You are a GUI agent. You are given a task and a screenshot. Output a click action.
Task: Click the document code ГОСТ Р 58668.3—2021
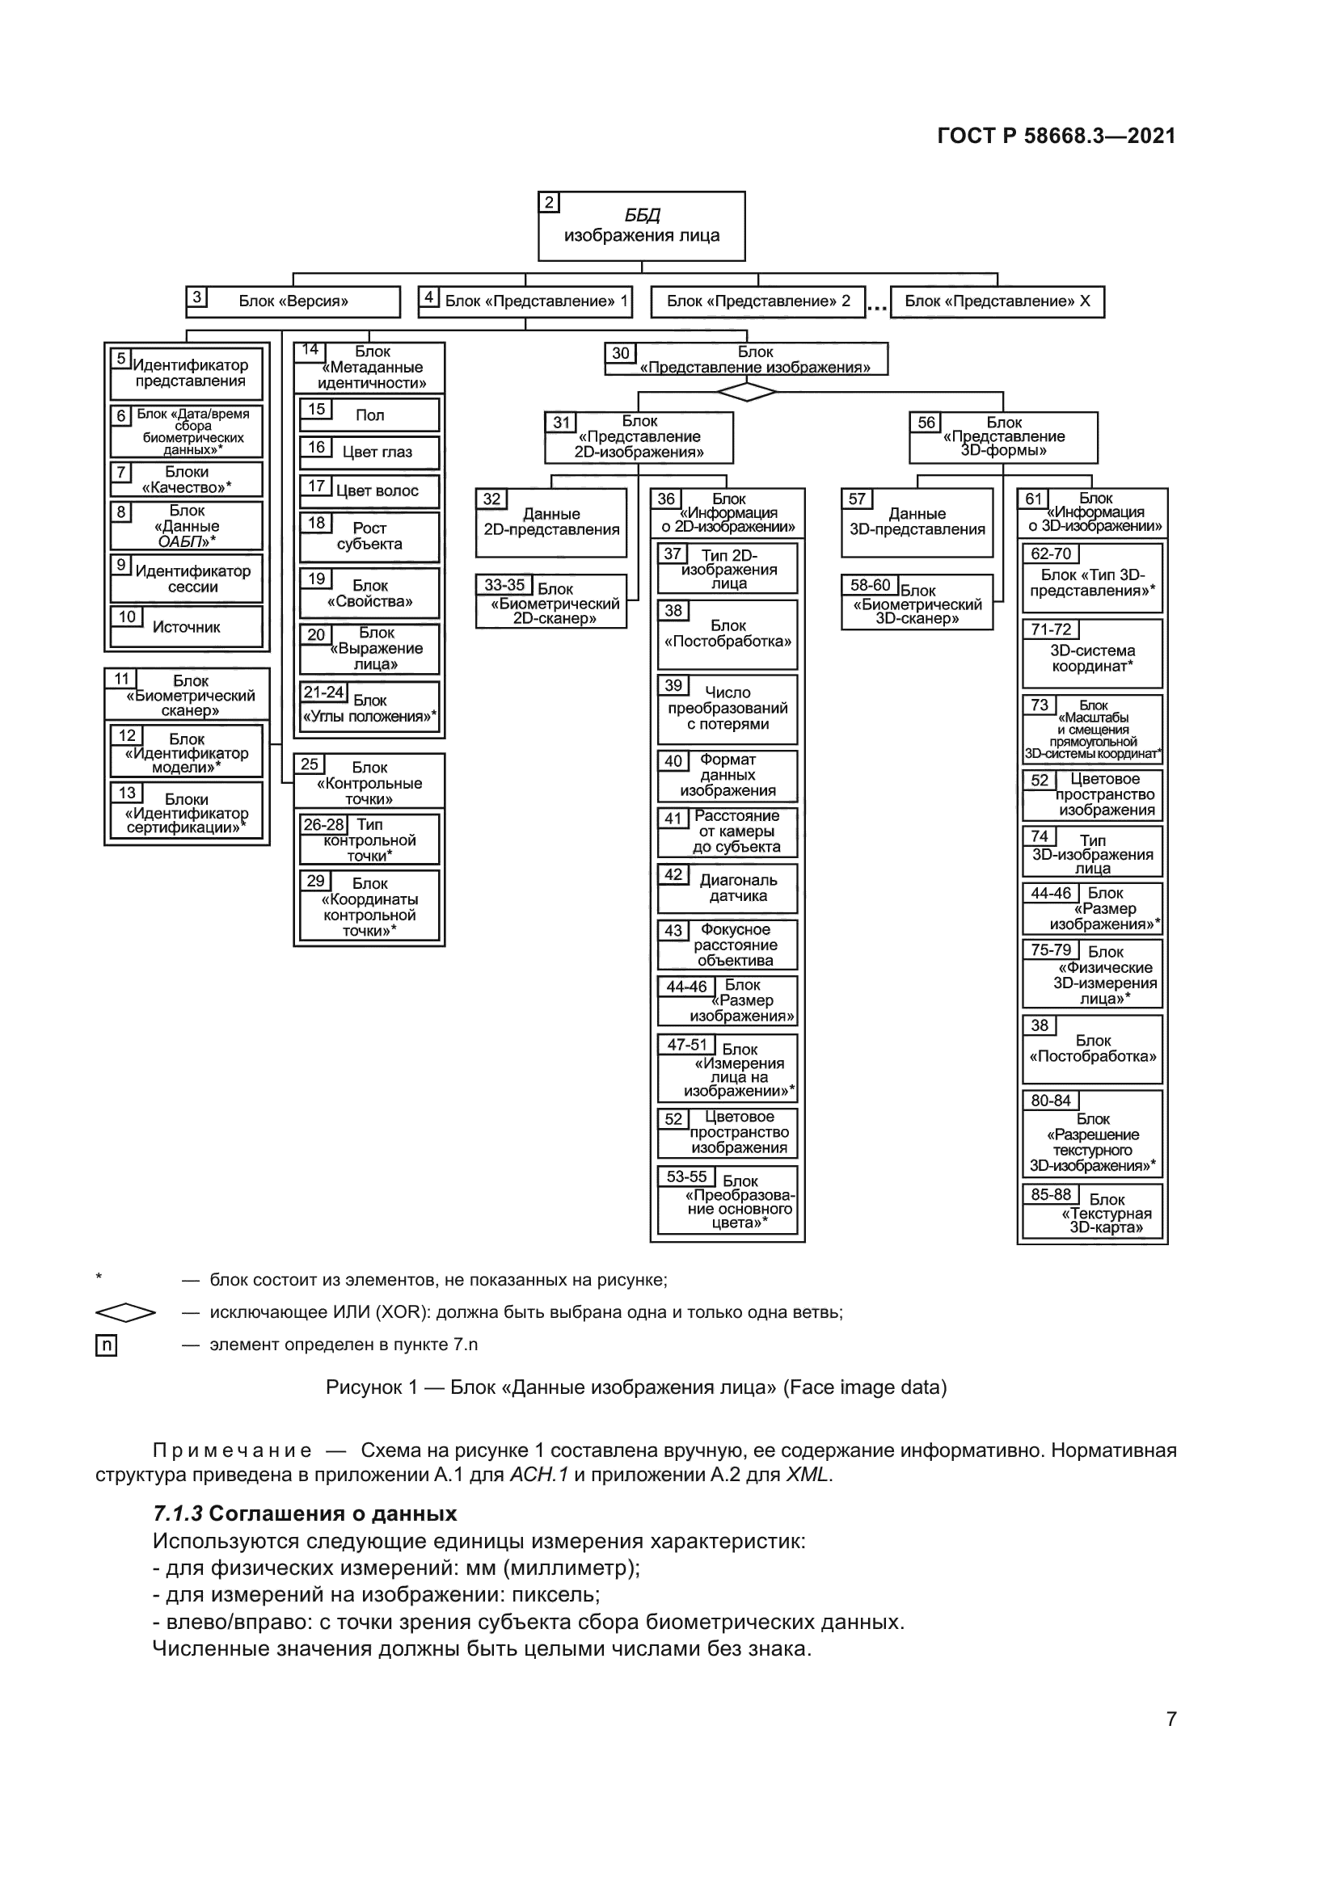tap(1057, 136)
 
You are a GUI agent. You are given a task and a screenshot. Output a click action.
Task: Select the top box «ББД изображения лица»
tap(641, 226)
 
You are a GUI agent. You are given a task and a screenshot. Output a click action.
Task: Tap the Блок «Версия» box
tap(293, 301)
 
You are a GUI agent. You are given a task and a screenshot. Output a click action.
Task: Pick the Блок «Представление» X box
tap(997, 301)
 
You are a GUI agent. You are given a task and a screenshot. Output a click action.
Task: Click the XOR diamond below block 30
tap(747, 392)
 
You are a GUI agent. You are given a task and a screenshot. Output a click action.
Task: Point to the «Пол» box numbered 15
tap(369, 415)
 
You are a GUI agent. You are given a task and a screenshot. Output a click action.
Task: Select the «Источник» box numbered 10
tap(186, 627)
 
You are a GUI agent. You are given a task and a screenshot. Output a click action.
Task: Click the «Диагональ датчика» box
tap(728, 888)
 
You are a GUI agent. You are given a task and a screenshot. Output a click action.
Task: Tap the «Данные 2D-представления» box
tap(551, 523)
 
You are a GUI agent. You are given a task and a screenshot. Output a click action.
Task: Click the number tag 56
tap(926, 423)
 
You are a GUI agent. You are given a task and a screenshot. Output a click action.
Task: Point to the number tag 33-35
tap(504, 585)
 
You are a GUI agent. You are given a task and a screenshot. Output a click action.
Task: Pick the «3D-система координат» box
tap(1093, 654)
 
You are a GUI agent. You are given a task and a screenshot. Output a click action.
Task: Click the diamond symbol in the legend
tap(125, 1312)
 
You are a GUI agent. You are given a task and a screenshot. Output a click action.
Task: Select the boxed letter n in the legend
tap(106, 1345)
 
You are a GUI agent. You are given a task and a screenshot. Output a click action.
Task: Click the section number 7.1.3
tap(178, 1513)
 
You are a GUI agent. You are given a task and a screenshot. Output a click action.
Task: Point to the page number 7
tap(1171, 1719)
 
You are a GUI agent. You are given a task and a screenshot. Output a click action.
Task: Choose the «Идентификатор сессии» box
tap(187, 578)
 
